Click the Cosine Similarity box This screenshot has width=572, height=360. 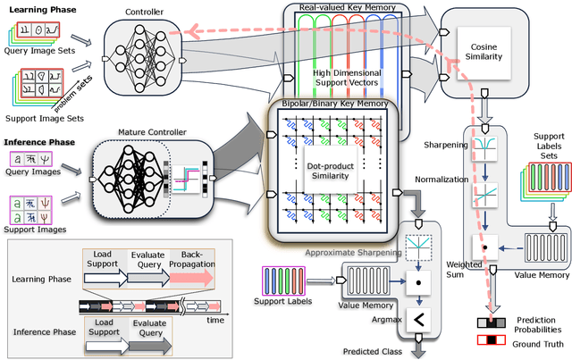[x=484, y=50]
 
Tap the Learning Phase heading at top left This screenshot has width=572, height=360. [x=37, y=9]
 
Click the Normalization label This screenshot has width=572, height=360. [x=446, y=179]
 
